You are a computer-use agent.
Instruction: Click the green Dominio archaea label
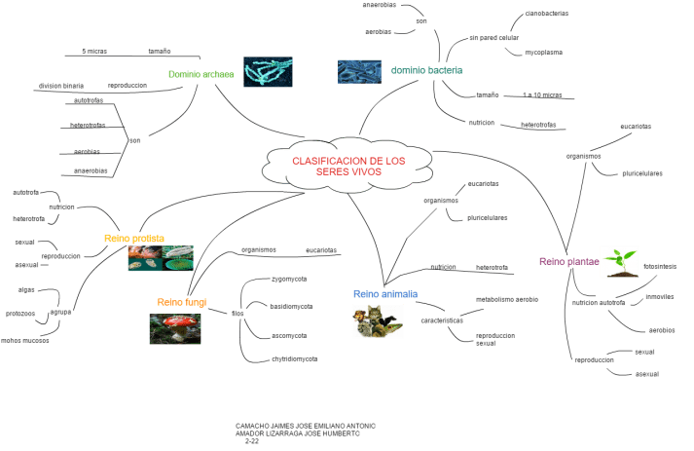click(200, 74)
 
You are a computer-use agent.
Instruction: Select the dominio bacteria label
click(426, 70)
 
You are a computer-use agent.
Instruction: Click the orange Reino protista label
click(134, 238)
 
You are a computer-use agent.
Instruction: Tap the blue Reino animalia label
click(385, 292)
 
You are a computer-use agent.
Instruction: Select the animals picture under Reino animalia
click(377, 320)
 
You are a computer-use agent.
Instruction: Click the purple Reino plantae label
click(567, 261)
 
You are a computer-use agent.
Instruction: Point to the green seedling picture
click(619, 261)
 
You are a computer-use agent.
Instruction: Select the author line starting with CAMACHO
click(305, 426)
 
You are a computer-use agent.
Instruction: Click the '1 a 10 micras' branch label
click(542, 94)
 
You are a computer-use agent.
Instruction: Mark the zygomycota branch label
click(290, 278)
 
